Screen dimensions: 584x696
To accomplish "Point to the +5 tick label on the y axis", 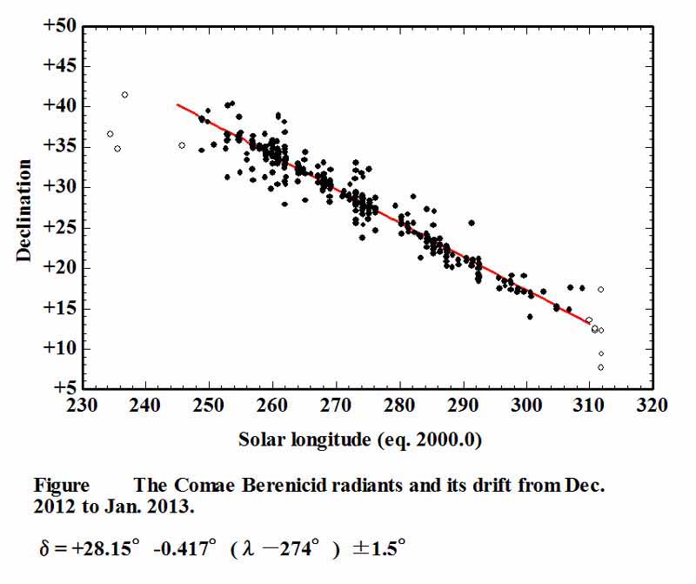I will [63, 388].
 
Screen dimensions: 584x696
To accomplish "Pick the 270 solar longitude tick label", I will [336, 405].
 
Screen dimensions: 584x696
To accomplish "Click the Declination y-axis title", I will [23, 209].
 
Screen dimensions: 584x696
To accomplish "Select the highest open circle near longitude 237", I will [125, 95].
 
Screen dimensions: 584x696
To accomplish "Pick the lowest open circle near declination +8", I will [601, 367].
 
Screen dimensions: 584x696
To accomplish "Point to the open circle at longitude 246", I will [182, 145].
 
